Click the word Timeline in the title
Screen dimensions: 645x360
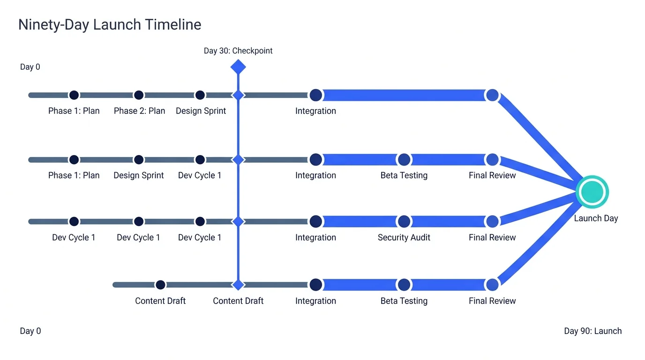[x=173, y=24]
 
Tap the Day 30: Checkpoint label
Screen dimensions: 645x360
[x=238, y=51]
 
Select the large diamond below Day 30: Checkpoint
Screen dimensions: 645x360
[x=238, y=67]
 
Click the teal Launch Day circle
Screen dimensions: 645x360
[x=592, y=192]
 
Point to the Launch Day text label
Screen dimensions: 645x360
[x=596, y=218]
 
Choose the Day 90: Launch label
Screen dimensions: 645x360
[x=592, y=331]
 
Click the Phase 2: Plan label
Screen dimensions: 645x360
[x=139, y=111]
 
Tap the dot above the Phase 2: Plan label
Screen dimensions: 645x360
[x=139, y=95]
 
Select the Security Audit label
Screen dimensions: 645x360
[x=404, y=237]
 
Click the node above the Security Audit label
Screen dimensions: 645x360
[x=404, y=221]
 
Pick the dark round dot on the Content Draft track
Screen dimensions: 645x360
[x=160, y=285]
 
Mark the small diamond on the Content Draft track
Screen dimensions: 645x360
[x=238, y=285]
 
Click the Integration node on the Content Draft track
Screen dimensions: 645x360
[x=315, y=285]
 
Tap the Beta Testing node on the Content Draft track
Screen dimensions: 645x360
[x=404, y=285]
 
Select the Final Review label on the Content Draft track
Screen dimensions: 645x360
[x=492, y=300]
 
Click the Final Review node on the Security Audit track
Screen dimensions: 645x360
[x=492, y=221]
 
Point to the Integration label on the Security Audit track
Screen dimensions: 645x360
[x=315, y=237]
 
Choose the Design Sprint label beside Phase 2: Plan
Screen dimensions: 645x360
[x=201, y=111]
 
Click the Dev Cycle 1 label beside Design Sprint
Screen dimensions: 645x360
[x=200, y=175]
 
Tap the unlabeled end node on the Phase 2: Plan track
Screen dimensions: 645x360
[x=492, y=95]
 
